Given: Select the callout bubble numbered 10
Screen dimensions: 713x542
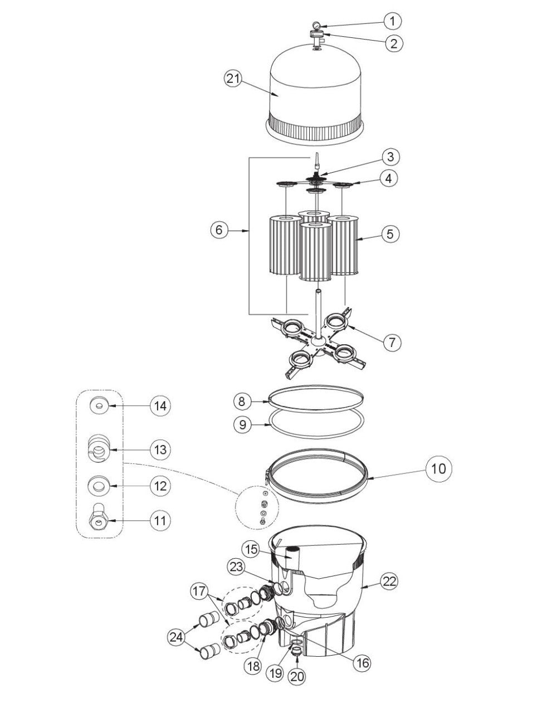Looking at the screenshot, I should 438,468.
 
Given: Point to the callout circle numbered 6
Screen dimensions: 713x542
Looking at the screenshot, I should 221,229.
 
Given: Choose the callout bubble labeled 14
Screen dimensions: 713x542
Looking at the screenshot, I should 160,406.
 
